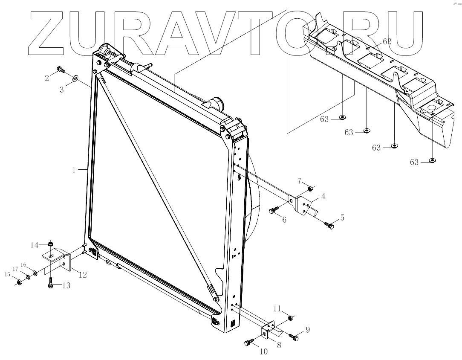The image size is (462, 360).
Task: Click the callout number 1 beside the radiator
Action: [x=74, y=170]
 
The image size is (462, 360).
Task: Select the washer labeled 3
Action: [x=75, y=78]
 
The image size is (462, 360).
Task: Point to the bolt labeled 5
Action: [x=329, y=225]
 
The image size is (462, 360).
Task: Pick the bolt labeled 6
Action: [x=274, y=210]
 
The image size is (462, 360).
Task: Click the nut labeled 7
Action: [x=311, y=189]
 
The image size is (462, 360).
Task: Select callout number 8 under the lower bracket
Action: [x=279, y=345]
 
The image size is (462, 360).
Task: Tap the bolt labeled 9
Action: [x=294, y=337]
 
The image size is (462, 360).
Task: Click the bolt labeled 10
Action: [x=249, y=343]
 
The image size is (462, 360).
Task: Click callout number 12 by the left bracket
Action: [x=82, y=275]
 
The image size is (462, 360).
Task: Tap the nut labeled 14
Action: [x=50, y=244]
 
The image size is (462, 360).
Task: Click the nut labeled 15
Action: [x=19, y=282]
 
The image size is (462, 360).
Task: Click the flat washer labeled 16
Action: [x=35, y=272]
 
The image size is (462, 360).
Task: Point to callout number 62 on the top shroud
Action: [x=387, y=41]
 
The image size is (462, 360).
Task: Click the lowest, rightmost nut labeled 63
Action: [x=432, y=161]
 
